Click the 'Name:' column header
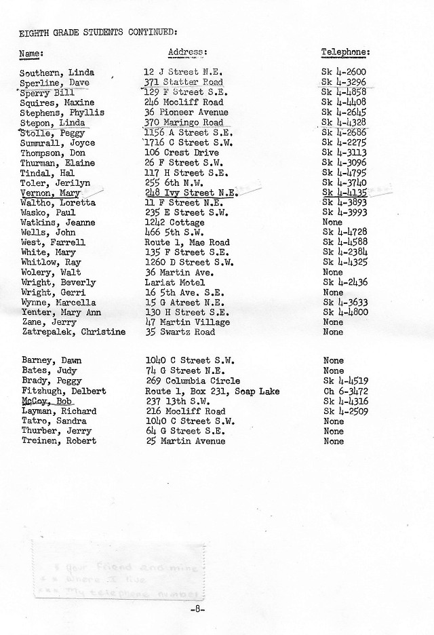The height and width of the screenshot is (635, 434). [x=31, y=52]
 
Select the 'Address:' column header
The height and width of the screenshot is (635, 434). [x=187, y=52]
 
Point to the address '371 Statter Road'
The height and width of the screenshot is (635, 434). [x=184, y=82]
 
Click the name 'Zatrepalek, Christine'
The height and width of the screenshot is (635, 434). [x=73, y=332]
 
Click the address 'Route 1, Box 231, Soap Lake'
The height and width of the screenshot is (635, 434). [x=212, y=391]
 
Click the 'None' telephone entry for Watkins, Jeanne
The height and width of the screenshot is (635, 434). [x=333, y=223]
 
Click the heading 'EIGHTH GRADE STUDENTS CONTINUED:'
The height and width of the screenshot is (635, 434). [x=99, y=32]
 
